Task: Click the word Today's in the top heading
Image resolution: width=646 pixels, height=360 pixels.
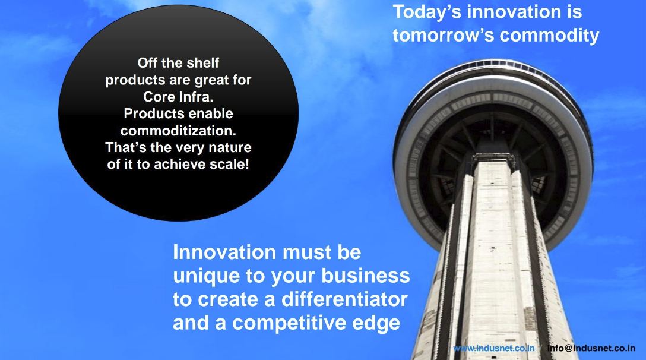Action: click(x=427, y=11)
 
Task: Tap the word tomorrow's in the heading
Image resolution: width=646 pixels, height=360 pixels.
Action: click(x=444, y=36)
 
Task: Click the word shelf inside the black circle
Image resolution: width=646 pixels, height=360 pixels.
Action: click(x=202, y=63)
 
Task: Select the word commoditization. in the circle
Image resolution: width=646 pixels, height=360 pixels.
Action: click(x=178, y=130)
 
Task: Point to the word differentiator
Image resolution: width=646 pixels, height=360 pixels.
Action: click(x=344, y=299)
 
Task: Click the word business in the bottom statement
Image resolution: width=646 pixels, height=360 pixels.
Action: click(x=366, y=276)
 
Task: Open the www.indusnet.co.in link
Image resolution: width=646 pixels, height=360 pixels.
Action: click(x=494, y=348)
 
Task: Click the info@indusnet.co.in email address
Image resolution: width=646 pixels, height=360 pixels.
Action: click(x=591, y=348)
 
